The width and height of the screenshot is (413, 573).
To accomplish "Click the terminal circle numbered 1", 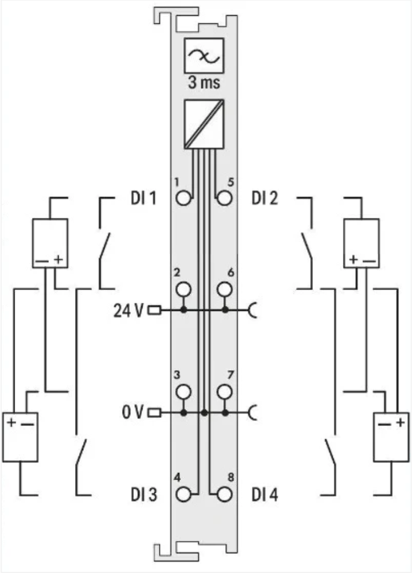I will click(184, 199).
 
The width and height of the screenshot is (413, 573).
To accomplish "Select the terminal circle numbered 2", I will click(184, 289).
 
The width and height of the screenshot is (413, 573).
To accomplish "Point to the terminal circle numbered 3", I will click(184, 391).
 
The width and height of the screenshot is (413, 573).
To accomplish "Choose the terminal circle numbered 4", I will click(184, 495).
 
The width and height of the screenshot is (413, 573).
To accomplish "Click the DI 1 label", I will click(143, 199).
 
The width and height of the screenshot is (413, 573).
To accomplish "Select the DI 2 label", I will click(265, 199).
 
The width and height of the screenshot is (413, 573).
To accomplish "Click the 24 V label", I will click(129, 310).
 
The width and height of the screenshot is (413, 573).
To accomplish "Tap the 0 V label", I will click(133, 413).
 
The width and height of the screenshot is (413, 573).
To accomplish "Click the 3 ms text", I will click(204, 83).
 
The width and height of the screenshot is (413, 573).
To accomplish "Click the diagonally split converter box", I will click(204, 123).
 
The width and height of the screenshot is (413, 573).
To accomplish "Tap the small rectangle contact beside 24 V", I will click(155, 310).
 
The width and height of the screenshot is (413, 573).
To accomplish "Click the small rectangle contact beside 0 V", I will click(155, 413).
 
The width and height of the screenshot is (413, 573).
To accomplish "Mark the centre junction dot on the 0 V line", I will click(204, 413).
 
